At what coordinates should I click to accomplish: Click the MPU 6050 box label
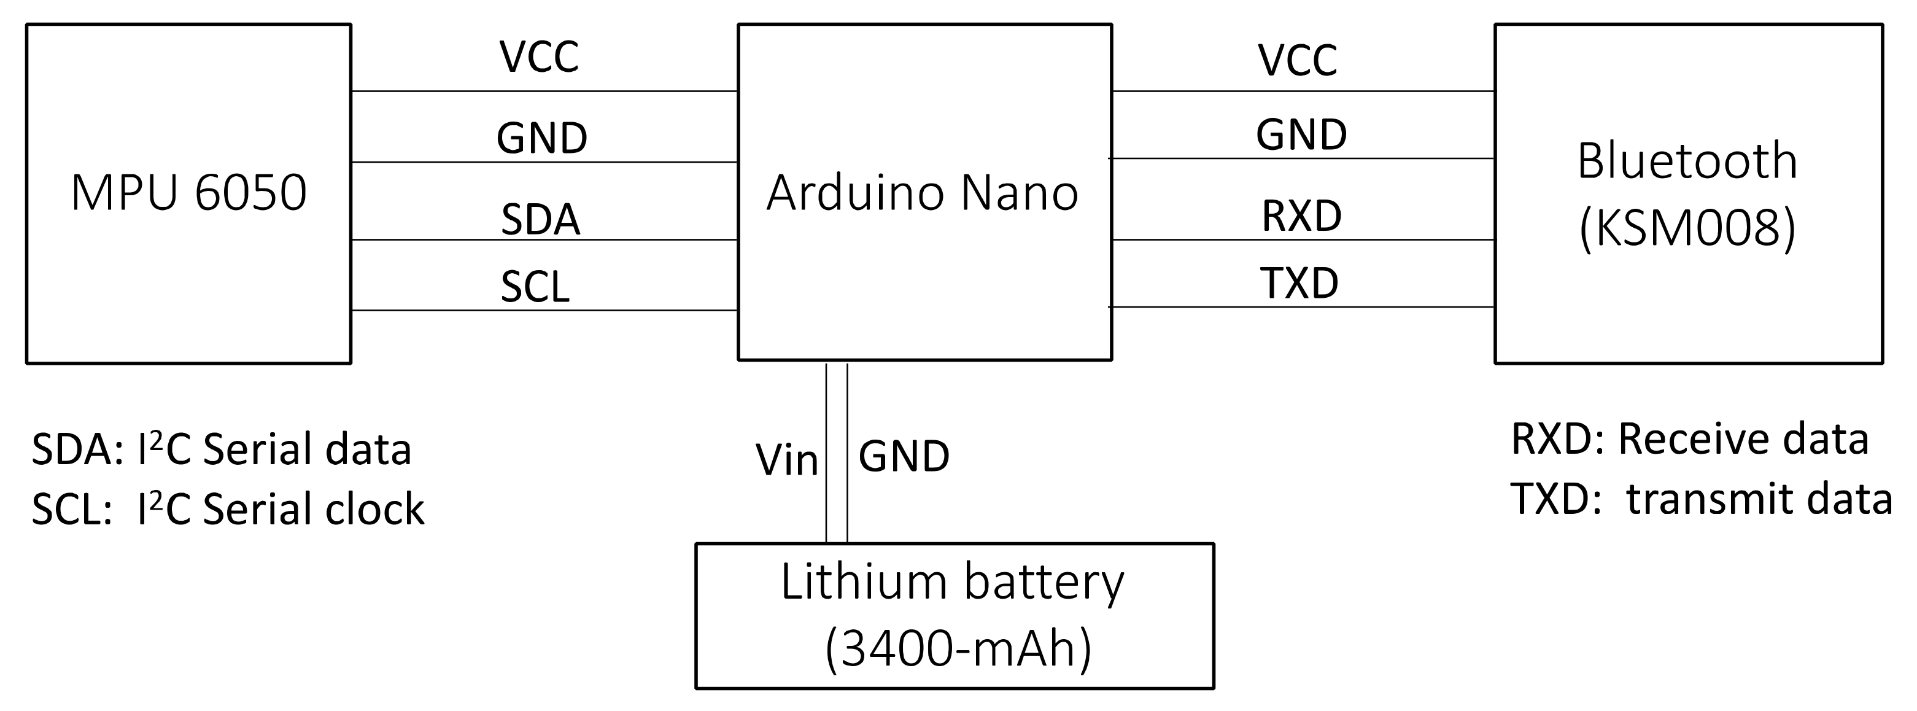point(189,193)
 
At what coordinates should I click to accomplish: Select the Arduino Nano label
point(922,193)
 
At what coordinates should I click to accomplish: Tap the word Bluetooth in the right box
point(1687,161)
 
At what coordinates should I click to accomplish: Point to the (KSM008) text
point(1687,228)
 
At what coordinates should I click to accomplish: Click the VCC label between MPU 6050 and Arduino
point(539,56)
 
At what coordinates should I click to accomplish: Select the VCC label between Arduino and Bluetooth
point(1298,60)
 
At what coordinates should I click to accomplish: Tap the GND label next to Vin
point(904,456)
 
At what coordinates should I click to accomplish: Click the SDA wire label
point(540,220)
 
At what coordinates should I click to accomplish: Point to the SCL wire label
point(535,287)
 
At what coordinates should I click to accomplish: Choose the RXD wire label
point(1301,216)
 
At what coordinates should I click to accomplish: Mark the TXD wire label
point(1299,283)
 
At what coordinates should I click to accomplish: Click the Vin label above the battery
point(786,460)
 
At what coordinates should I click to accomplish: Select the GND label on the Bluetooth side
point(1301,134)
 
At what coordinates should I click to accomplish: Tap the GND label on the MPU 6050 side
point(542,139)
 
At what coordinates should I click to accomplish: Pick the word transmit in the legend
point(1700,499)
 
